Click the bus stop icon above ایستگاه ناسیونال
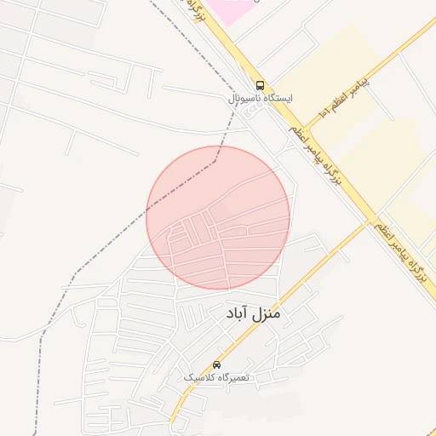tap(260, 85)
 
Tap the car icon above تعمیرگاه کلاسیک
tap(216, 364)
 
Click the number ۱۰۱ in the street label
tap(323, 112)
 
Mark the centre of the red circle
tap(218, 217)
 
